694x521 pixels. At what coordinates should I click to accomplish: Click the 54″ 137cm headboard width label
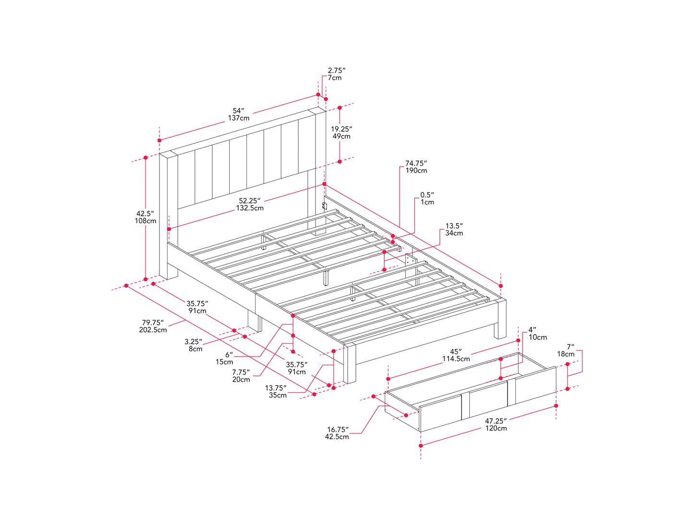[238, 114]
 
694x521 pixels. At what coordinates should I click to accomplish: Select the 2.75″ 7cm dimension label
[336, 74]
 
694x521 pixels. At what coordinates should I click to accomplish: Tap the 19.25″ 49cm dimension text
[341, 133]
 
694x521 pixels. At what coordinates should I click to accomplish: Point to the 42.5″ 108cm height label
[145, 217]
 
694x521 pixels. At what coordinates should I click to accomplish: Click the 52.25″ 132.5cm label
[249, 204]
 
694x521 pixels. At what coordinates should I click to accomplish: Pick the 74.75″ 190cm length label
[416, 167]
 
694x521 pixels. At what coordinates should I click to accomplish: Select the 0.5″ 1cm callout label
[427, 198]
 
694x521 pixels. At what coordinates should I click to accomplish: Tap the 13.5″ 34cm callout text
[454, 229]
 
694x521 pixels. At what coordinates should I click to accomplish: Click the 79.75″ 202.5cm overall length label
[153, 326]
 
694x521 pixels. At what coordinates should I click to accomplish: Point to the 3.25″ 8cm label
[193, 345]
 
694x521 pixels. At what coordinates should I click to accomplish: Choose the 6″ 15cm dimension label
[224, 358]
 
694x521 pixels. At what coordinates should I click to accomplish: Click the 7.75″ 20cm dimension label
[241, 375]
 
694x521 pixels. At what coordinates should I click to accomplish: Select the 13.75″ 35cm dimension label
[276, 391]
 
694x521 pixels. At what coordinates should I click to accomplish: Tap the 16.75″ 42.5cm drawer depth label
[337, 433]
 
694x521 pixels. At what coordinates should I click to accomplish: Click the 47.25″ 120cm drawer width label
[496, 424]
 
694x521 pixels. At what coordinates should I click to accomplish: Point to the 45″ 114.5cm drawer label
[456, 355]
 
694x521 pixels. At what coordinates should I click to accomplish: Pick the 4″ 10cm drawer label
[537, 334]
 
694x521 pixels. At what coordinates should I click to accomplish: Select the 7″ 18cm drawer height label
[566, 350]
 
